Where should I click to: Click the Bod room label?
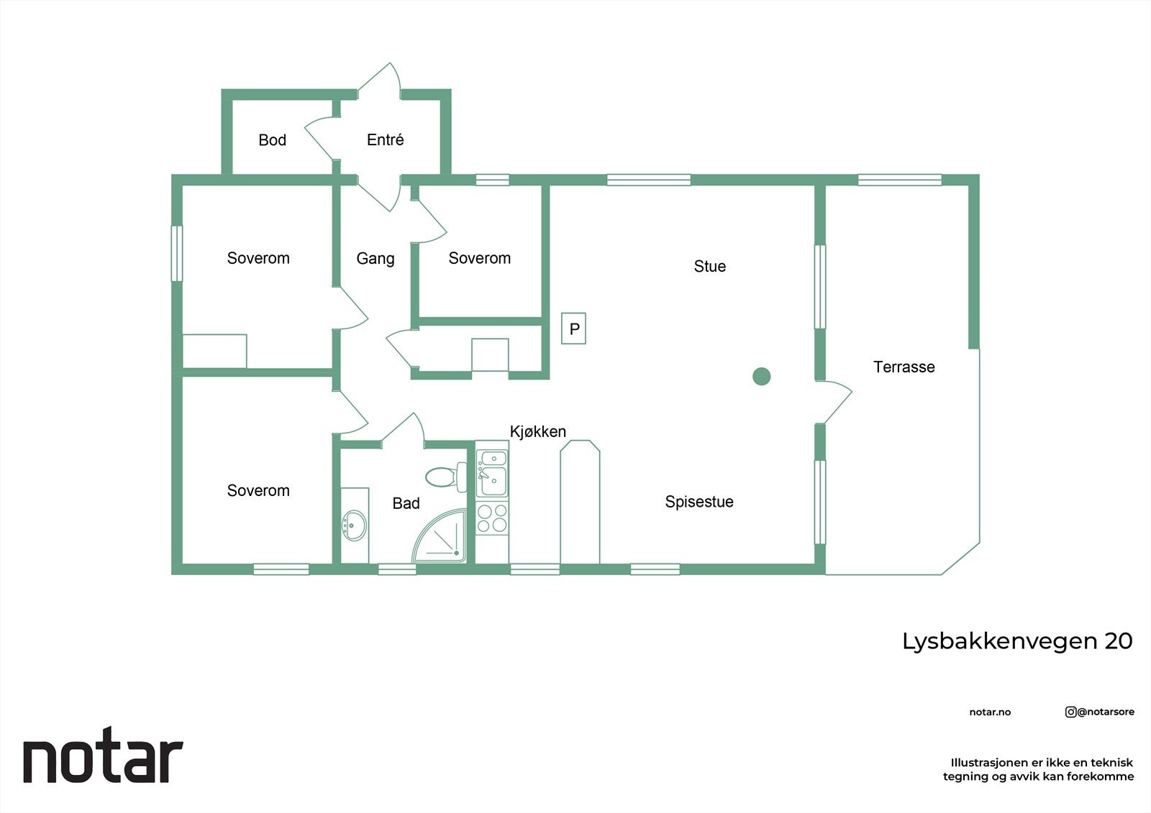click(x=272, y=140)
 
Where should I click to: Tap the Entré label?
click(x=385, y=140)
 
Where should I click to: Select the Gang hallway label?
click(x=375, y=258)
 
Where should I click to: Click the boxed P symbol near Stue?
click(x=573, y=329)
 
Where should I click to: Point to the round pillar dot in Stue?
click(x=761, y=376)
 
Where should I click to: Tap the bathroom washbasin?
click(x=353, y=525)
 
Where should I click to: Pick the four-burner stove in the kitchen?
click(x=492, y=518)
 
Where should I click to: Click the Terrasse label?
click(x=904, y=367)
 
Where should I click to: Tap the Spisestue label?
click(x=699, y=502)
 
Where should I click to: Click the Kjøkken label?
click(x=537, y=431)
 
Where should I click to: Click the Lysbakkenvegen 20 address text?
click(x=1016, y=641)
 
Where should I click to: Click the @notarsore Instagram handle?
click(x=1100, y=712)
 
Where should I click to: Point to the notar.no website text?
click(x=990, y=712)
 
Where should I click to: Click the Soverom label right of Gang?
click(x=479, y=258)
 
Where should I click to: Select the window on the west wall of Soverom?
click(x=176, y=253)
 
